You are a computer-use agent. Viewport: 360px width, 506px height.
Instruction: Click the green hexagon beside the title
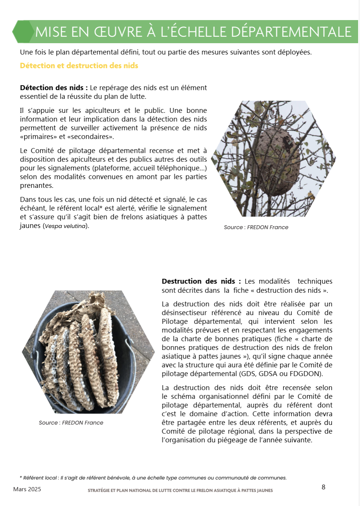23,32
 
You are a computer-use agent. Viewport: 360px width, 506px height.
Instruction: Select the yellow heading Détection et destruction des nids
79,66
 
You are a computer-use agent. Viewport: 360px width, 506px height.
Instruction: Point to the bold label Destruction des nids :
201,281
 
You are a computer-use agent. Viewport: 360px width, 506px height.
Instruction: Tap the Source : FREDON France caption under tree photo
256,227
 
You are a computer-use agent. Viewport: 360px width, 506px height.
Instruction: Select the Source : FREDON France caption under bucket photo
71,423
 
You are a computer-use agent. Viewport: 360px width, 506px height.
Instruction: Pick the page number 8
323,487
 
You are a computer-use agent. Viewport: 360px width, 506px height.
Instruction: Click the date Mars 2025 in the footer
27,489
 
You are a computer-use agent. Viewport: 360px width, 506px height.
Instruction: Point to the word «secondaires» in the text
90,137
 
